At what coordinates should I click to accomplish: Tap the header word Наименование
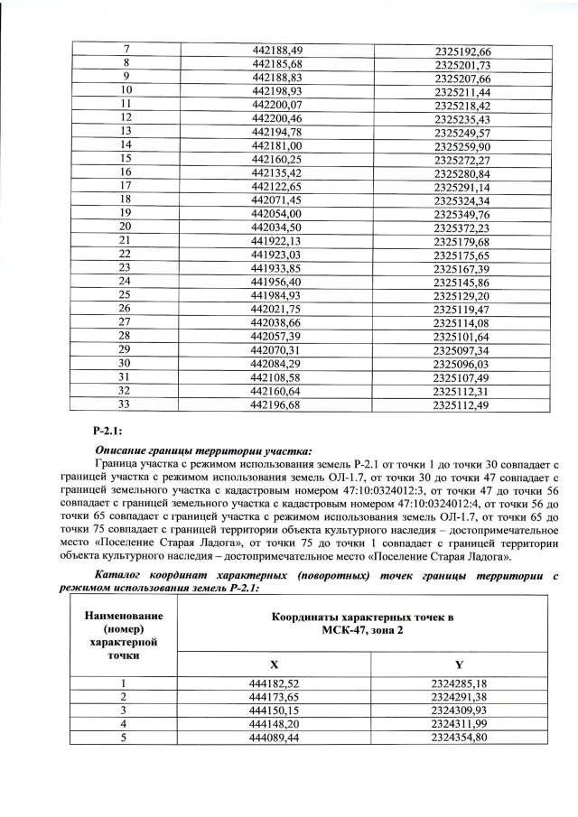(x=125, y=616)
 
